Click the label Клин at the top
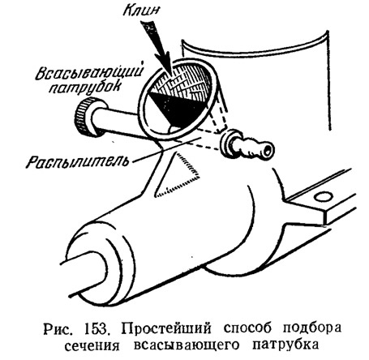click(x=141, y=11)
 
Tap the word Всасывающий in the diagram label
click(x=89, y=71)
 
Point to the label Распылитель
click(x=77, y=161)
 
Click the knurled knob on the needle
click(x=87, y=117)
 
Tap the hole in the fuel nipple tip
click(x=268, y=149)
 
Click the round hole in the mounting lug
click(x=323, y=196)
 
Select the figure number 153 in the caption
click(x=97, y=329)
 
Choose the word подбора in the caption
click(x=312, y=329)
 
